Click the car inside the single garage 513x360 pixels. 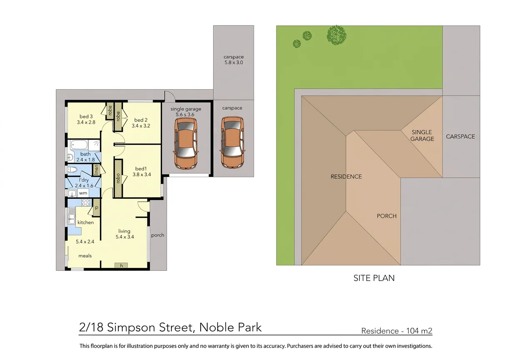(x=186, y=144)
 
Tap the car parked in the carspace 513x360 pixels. (x=232, y=143)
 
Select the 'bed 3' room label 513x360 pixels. (x=86, y=117)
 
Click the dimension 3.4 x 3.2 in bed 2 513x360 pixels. (x=141, y=126)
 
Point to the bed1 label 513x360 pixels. (x=141, y=169)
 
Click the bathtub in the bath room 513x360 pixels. (x=79, y=145)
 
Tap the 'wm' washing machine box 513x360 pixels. (x=83, y=193)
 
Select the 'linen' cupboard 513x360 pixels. (x=96, y=170)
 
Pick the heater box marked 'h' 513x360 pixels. (x=121, y=265)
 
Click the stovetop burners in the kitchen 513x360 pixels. (x=86, y=202)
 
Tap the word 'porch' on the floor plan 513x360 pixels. (x=157, y=235)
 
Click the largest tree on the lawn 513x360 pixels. (x=336, y=35)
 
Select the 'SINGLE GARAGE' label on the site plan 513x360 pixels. (x=422, y=135)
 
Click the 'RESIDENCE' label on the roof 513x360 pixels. (x=346, y=177)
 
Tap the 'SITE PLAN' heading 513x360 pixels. (x=374, y=278)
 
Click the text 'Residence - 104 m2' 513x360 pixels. (x=397, y=331)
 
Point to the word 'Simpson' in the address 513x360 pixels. (x=131, y=327)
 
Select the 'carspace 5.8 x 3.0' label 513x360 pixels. (x=234, y=60)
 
